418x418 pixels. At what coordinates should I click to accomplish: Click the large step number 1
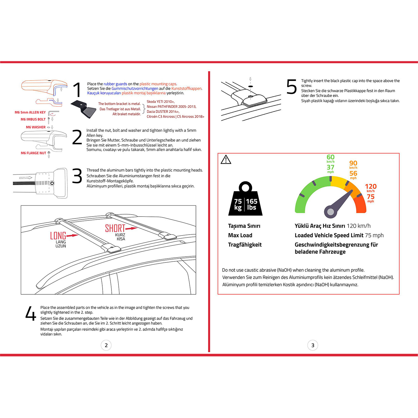click(77, 90)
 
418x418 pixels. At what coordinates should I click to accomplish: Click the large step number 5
click(291, 87)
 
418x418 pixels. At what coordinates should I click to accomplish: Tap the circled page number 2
click(106, 345)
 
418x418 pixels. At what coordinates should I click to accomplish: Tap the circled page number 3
click(313, 345)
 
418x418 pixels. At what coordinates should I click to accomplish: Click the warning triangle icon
click(226, 160)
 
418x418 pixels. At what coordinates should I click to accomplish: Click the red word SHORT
click(115, 229)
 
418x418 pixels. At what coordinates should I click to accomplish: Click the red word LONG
click(58, 236)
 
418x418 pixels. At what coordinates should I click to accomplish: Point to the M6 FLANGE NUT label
click(33, 153)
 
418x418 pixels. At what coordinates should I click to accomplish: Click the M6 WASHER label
click(36, 127)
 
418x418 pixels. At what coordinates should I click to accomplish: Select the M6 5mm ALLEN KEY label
click(30, 112)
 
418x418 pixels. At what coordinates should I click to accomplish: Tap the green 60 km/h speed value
click(330, 158)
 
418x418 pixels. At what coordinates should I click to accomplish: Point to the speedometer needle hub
click(330, 212)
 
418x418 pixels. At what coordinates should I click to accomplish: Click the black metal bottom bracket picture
click(84, 109)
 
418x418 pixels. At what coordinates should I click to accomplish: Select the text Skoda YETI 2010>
click(161, 102)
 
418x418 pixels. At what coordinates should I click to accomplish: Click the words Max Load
click(240, 235)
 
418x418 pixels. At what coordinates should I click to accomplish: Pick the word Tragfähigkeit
click(245, 245)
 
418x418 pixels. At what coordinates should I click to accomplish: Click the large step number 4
click(31, 314)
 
